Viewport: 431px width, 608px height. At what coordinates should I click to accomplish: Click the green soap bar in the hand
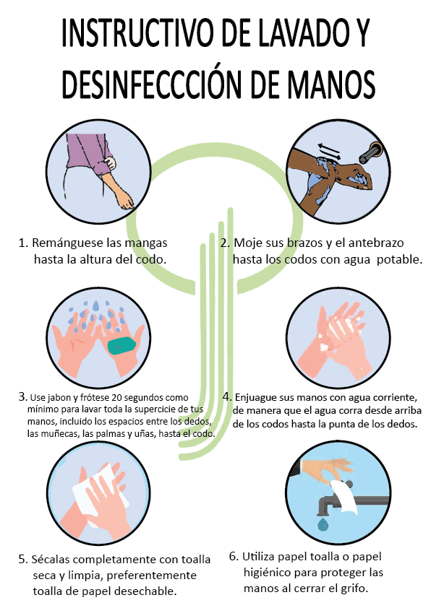[x=121, y=345]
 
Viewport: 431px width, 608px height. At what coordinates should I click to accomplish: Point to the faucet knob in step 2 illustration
[x=372, y=153]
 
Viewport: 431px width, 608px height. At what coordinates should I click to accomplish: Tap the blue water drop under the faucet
[x=323, y=525]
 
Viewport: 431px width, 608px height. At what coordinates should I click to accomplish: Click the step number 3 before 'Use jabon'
[x=22, y=396]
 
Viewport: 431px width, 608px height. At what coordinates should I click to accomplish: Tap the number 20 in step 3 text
[x=116, y=397]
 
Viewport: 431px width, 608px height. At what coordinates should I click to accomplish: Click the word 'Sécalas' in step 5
[x=51, y=559]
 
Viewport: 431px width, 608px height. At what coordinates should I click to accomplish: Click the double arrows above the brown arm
[x=329, y=151]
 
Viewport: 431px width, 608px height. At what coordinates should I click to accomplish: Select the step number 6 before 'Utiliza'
[x=233, y=557]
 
